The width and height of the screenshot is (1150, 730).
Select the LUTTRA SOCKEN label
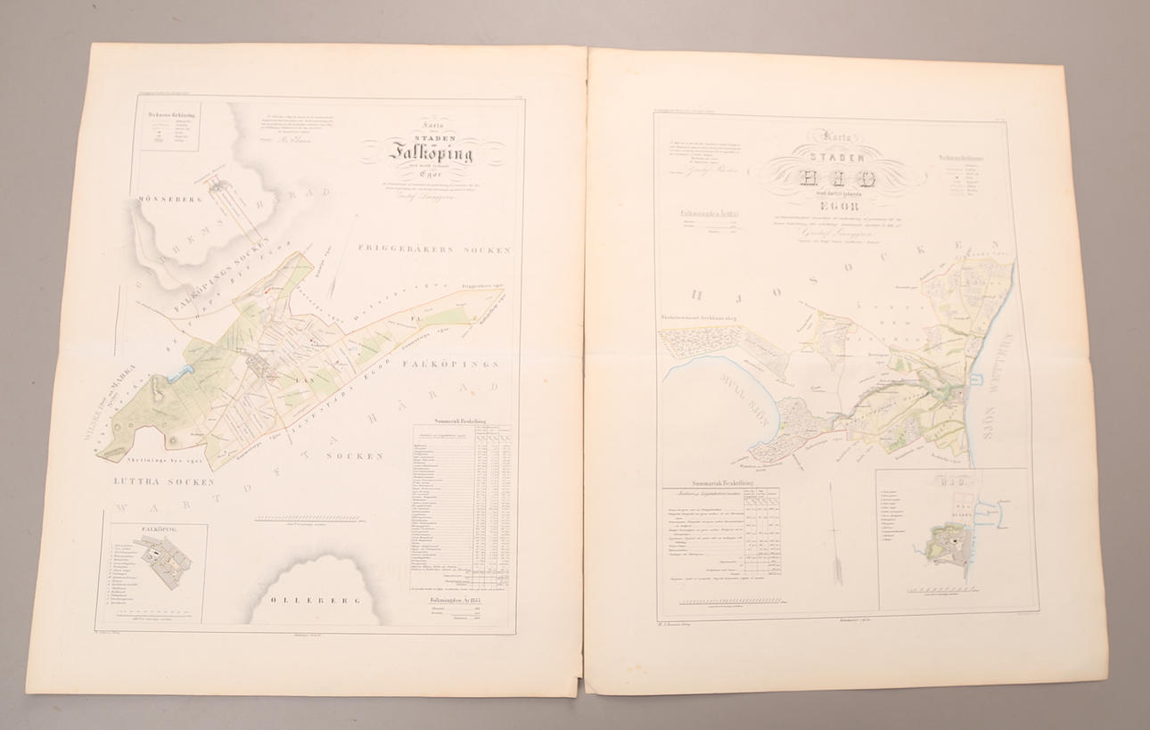(164, 481)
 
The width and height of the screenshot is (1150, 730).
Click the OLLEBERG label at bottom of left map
(305, 600)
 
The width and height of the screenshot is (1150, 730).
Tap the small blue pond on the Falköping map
(185, 373)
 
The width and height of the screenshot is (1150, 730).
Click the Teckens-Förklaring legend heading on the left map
(171, 115)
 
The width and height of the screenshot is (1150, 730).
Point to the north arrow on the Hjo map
(837, 535)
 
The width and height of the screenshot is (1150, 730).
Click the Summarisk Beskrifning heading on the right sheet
(719, 482)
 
